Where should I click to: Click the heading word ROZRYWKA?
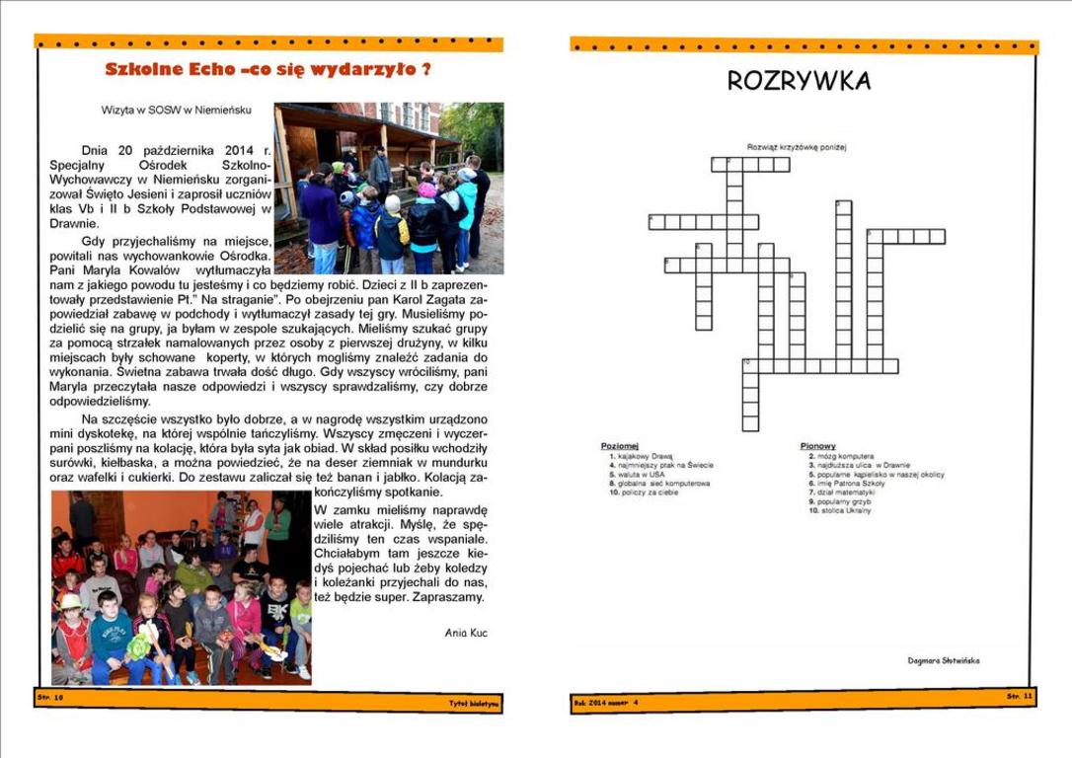[x=799, y=81]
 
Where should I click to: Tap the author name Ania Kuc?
[x=465, y=632]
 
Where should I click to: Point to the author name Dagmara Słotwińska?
[x=944, y=660]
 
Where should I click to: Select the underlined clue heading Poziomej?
[x=620, y=446]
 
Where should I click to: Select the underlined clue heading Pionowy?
[x=818, y=446]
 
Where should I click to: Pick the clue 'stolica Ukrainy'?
[x=844, y=510]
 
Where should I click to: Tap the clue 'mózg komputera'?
[x=845, y=457]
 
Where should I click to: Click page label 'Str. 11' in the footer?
[x=1019, y=696]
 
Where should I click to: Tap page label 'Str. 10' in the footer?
[x=50, y=696]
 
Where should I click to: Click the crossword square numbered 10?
[x=750, y=365]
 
